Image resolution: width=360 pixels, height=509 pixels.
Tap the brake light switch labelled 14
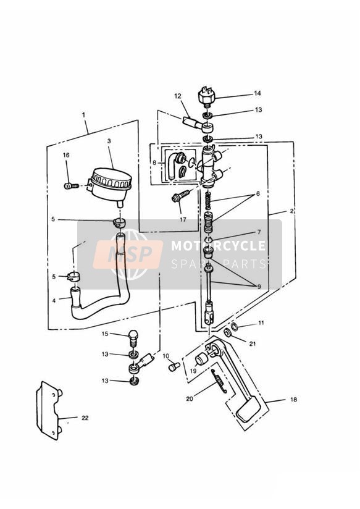[x=207, y=96]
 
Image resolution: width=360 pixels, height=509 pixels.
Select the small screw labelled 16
[x=72, y=186]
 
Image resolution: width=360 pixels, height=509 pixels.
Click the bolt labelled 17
[x=180, y=196]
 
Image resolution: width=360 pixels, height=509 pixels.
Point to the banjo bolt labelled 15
[x=133, y=339]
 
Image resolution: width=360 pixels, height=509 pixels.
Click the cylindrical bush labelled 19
[x=201, y=360]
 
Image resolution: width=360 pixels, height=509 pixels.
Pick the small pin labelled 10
[x=174, y=367]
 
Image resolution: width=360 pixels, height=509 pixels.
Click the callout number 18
[x=293, y=399]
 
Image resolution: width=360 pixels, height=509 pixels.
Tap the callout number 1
[x=83, y=115]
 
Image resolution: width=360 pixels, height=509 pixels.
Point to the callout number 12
[x=178, y=96]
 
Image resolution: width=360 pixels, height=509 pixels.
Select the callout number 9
[x=259, y=287]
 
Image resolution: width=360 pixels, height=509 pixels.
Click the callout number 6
[x=257, y=194]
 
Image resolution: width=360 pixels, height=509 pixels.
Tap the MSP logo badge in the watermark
[x=128, y=254]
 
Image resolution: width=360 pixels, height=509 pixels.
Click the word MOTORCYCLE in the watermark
[x=218, y=246]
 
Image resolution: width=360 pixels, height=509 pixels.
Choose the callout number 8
[x=154, y=162]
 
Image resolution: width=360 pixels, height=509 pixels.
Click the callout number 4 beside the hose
[x=54, y=301]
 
